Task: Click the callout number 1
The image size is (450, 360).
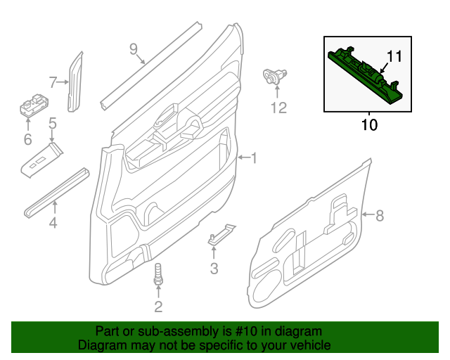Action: [x=254, y=159]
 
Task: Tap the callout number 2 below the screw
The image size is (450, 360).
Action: [x=158, y=306]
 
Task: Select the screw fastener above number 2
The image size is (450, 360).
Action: [x=158, y=274]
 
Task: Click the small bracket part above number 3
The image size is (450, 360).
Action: [x=219, y=235]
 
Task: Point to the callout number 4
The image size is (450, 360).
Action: [x=53, y=224]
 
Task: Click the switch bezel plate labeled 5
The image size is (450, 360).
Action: [x=44, y=162]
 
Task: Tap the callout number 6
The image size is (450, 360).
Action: [x=27, y=140]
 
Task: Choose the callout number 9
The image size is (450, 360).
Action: [x=134, y=49]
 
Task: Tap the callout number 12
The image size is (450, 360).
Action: [x=279, y=108]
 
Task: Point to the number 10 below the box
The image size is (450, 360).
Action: [x=369, y=125]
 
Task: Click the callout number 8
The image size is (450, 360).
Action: [x=380, y=216]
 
